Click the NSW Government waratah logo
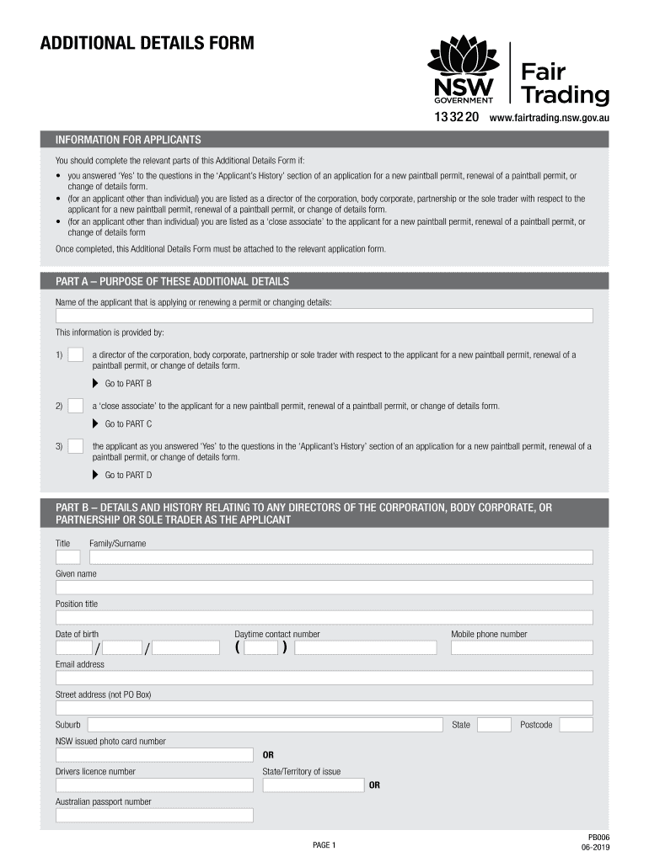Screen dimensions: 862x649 (464, 71)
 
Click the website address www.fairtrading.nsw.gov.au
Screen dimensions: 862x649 (549, 118)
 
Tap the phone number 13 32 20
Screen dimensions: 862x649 (456, 118)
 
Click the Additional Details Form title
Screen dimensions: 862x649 (147, 43)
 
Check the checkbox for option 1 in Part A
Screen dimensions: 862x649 (75, 355)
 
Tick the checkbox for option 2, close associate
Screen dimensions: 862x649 (75, 406)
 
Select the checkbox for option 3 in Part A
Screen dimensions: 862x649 (75, 446)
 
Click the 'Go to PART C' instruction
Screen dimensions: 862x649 (127, 424)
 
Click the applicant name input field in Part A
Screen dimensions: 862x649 (324, 316)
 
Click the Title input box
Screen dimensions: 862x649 (67, 557)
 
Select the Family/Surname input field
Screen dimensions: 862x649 (341, 557)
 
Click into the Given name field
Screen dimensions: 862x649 (324, 588)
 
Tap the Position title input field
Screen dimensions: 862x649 (324, 618)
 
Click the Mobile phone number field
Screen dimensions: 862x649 (522, 648)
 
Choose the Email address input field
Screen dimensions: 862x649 (324, 678)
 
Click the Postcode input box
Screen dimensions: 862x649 (576, 725)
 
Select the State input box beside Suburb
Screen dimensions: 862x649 (494, 725)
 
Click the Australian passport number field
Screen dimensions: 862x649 (154, 815)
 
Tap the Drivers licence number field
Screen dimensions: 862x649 (154, 785)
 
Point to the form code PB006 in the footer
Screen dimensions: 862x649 (598, 837)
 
